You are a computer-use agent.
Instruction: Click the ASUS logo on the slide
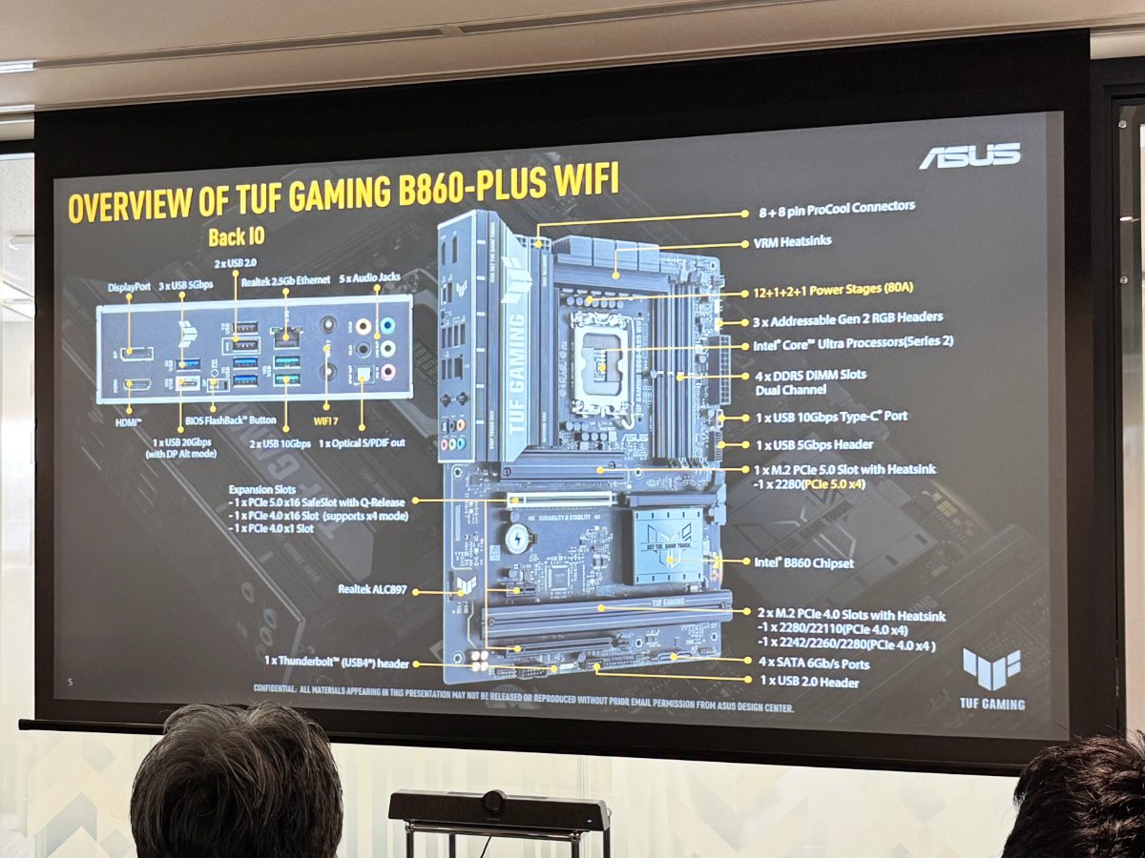tap(969, 155)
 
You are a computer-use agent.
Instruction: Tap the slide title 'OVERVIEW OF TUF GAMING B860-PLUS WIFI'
tap(343, 194)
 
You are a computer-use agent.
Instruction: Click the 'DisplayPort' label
tap(130, 285)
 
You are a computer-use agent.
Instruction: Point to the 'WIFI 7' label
tap(326, 420)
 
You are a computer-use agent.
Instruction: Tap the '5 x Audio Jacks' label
tap(370, 277)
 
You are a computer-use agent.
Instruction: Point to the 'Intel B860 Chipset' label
tap(803, 562)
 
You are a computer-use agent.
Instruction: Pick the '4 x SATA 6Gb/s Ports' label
tap(814, 663)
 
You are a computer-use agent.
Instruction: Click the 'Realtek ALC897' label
tap(372, 590)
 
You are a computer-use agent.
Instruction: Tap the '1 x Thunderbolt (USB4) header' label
tap(337, 662)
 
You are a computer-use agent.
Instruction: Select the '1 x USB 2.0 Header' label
tap(808, 683)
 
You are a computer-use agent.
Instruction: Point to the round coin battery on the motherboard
tap(517, 537)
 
